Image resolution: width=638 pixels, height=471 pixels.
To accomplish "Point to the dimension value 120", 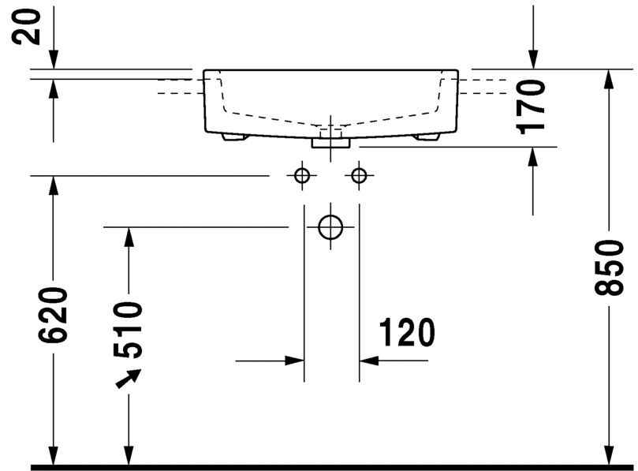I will pyautogui.click(x=405, y=334).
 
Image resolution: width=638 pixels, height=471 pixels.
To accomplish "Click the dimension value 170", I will pyautogui.click(x=534, y=106).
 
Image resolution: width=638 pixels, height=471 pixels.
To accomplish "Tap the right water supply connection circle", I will pyautogui.click(x=360, y=175).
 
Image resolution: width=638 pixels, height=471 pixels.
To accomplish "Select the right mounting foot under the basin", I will pyautogui.click(x=427, y=137).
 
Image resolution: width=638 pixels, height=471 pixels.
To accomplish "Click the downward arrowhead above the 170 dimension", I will pyautogui.click(x=534, y=59).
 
